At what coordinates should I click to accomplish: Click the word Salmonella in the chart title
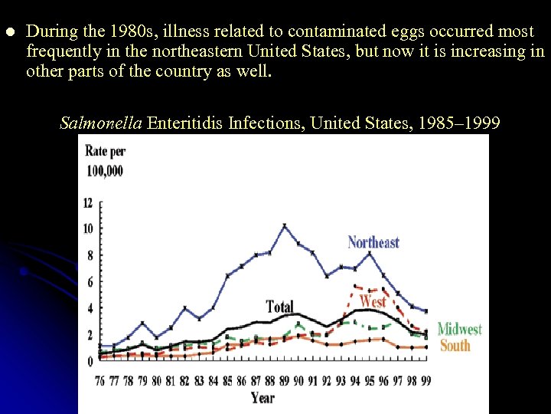click(100, 123)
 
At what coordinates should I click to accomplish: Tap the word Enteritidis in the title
click(184, 123)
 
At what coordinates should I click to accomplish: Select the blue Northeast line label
click(373, 242)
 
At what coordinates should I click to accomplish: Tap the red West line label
click(373, 301)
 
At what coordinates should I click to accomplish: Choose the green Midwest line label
click(459, 329)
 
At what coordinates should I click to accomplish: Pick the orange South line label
click(455, 345)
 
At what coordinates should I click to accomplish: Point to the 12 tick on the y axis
click(88, 203)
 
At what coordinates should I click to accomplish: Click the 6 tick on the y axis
click(90, 282)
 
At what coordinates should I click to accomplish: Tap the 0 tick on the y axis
click(90, 361)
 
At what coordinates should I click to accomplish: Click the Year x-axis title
click(263, 397)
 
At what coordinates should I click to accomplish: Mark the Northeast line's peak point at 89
click(285, 225)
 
